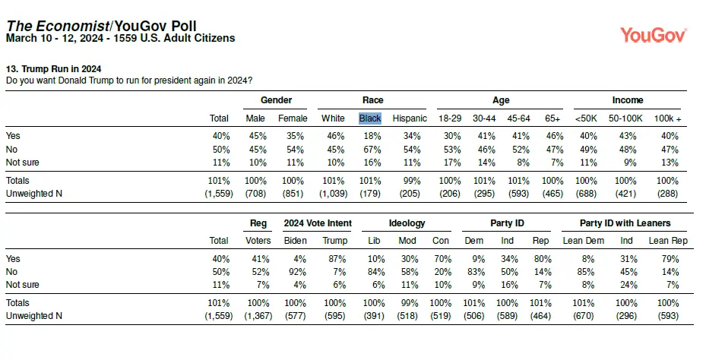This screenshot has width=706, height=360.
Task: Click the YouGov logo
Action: tap(654, 35)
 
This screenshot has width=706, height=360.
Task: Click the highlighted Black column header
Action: tap(370, 118)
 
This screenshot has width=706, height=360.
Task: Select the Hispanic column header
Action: tap(410, 118)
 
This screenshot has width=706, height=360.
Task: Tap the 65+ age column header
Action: tap(552, 118)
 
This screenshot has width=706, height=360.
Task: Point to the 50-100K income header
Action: tap(625, 118)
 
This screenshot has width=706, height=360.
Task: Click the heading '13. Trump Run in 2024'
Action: tap(54, 69)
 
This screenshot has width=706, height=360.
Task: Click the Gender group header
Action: tap(276, 100)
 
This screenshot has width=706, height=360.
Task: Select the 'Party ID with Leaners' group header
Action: tap(625, 223)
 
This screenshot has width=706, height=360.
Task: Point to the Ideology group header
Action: tap(407, 223)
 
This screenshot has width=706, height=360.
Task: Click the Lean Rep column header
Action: tap(668, 241)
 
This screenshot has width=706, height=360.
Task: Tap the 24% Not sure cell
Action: tap(628, 285)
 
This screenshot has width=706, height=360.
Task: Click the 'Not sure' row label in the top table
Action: tap(23, 163)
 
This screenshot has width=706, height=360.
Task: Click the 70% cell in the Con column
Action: tap(442, 259)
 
